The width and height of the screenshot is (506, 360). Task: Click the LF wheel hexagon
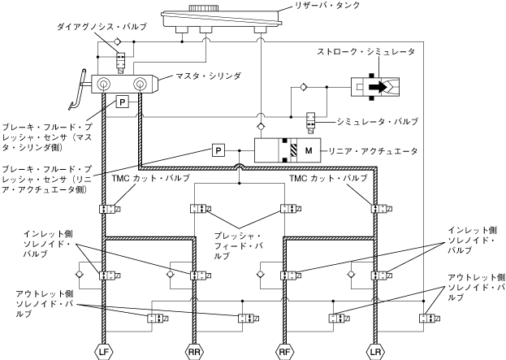click(104, 352)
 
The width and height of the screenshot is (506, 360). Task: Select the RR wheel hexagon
click(194, 352)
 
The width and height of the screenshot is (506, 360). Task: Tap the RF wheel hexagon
click(284, 352)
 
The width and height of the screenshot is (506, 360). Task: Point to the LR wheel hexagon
click(375, 352)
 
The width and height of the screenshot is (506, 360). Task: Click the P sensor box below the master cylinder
click(123, 102)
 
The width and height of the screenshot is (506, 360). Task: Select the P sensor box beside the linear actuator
click(218, 150)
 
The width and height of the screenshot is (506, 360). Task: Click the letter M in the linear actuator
click(309, 150)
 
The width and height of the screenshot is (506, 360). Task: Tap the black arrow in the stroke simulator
click(378, 87)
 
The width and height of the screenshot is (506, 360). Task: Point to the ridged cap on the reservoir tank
click(202, 8)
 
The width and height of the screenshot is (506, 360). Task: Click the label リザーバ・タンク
click(327, 6)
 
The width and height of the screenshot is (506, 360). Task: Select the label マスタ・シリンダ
click(208, 76)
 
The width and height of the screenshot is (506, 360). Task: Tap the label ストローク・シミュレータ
click(365, 52)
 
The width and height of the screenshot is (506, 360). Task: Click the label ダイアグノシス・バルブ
click(102, 27)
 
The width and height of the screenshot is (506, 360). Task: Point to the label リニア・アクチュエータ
click(373, 151)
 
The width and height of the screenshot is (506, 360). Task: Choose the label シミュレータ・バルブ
click(378, 121)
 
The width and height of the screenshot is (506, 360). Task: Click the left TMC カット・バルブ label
click(151, 178)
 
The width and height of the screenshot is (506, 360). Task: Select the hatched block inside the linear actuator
click(293, 150)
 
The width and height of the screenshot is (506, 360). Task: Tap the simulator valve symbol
click(311, 123)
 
